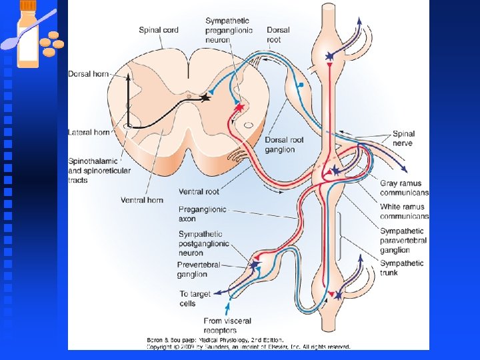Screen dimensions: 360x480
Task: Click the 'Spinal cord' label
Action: click(159, 30)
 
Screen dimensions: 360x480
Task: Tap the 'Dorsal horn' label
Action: click(88, 73)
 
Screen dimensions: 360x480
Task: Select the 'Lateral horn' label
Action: click(89, 133)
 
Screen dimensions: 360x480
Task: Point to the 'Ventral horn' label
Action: click(142, 199)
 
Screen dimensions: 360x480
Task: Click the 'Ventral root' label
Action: click(199, 192)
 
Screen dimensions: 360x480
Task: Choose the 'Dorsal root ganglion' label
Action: click(285, 145)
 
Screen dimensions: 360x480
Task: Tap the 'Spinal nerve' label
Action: click(403, 139)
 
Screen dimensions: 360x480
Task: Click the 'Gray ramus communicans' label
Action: click(404, 188)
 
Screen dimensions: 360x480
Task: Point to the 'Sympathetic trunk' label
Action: click(401, 268)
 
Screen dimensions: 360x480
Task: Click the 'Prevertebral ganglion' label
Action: click(199, 269)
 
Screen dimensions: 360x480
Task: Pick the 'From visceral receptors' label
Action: click(227, 325)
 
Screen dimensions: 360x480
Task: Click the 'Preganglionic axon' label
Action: click(203, 213)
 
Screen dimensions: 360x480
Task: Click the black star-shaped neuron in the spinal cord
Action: click(205, 97)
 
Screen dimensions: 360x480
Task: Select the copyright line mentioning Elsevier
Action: click(249, 347)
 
